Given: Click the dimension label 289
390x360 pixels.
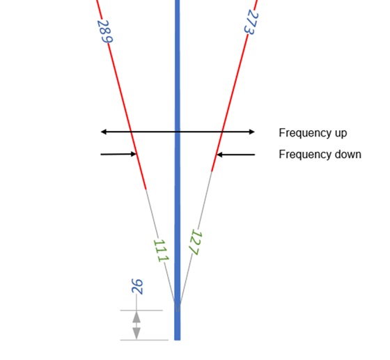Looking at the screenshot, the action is pyautogui.click(x=105, y=31).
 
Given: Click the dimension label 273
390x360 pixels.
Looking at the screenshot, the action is pyautogui.click(x=251, y=22).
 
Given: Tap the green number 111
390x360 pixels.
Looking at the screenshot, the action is pyautogui.click(x=161, y=251).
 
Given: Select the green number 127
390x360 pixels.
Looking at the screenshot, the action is pyautogui.click(x=196, y=242).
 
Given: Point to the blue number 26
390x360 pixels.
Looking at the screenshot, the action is pyautogui.click(x=137, y=287).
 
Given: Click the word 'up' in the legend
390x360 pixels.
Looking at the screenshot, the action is pyautogui.click(x=341, y=134).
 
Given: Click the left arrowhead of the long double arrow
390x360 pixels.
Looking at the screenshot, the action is pyautogui.click(x=103, y=132).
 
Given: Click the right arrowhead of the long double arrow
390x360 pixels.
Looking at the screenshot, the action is pyautogui.click(x=252, y=132).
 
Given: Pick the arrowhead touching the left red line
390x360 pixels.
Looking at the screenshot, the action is pyautogui.click(x=134, y=154).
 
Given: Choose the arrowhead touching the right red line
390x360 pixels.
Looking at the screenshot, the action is pyautogui.click(x=219, y=155).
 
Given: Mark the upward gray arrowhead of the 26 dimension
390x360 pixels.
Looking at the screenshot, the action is pyautogui.click(x=136, y=317).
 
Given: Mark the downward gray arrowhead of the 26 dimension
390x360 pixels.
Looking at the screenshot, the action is pyautogui.click(x=136, y=334).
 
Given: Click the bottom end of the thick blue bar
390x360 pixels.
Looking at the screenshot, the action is pyautogui.click(x=178, y=340).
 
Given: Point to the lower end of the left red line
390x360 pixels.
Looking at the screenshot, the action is pyautogui.click(x=146, y=189).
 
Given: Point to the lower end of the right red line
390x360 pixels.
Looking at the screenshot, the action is pyautogui.click(x=212, y=171).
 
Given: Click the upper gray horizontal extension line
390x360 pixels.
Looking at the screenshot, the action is pyautogui.click(x=141, y=311).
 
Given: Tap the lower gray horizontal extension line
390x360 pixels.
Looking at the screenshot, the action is pyautogui.click(x=144, y=340).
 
